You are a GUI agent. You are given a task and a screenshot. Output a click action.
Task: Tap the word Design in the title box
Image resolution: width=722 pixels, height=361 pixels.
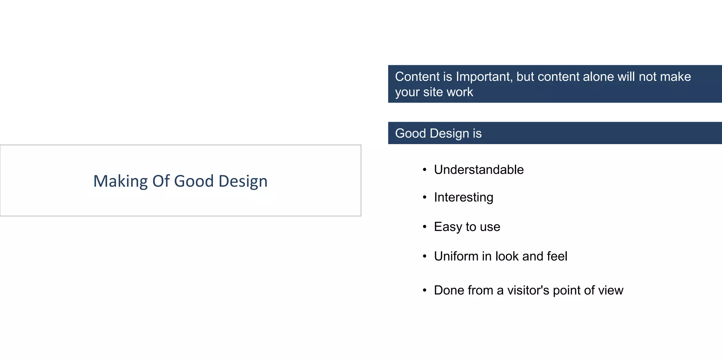[243, 181]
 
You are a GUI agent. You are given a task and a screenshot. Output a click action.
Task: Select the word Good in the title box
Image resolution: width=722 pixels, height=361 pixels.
[194, 181]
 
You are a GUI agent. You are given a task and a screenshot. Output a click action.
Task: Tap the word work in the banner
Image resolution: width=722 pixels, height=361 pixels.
[460, 92]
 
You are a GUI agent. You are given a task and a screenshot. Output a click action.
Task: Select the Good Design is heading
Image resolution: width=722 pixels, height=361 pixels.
[438, 133]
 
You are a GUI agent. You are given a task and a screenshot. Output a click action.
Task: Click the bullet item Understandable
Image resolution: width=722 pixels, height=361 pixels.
[479, 170]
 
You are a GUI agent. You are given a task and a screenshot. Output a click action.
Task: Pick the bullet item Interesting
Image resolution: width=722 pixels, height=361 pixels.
[464, 197]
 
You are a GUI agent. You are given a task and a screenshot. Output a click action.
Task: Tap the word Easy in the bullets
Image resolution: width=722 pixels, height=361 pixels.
[448, 227]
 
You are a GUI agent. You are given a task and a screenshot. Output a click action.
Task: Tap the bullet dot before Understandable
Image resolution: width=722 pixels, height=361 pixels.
[425, 170]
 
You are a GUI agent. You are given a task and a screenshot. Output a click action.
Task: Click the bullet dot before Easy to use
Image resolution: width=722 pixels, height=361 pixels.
[425, 227]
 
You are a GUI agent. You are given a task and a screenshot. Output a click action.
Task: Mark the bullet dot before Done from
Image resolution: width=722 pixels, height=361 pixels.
[425, 290]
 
